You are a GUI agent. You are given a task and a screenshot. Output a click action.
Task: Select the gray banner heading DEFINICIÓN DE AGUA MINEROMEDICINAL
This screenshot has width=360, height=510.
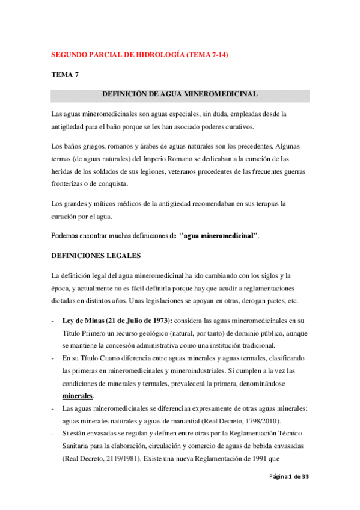click(180, 94)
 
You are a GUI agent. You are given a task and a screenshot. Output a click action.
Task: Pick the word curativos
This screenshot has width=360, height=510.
click(237, 127)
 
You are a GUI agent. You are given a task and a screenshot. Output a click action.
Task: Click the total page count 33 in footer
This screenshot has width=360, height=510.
click(305, 494)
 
